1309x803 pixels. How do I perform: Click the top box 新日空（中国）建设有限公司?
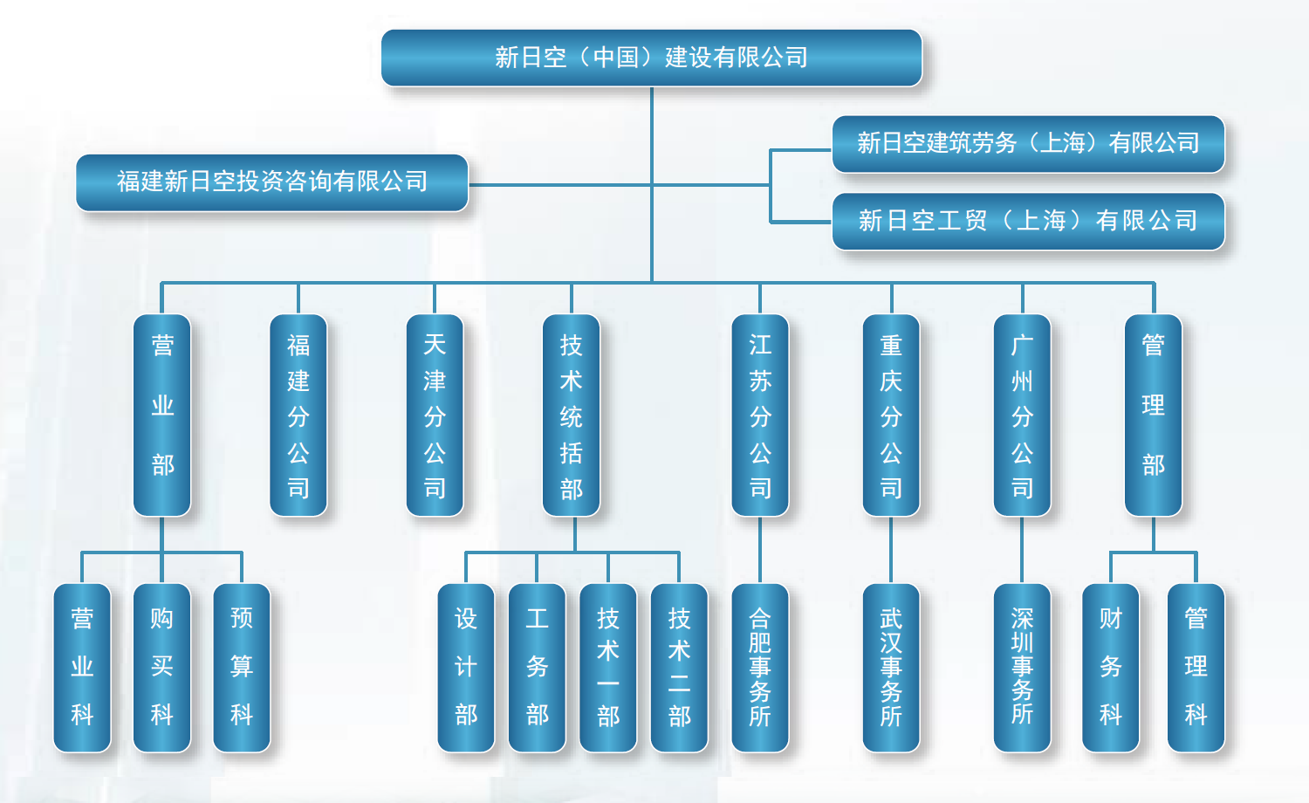click(x=652, y=58)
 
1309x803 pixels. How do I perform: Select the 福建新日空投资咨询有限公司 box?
click(x=272, y=182)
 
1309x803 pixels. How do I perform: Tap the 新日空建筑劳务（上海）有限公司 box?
click(x=1029, y=144)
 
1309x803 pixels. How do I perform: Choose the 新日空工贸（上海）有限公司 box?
click(x=1029, y=222)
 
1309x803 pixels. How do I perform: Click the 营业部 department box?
click(x=161, y=415)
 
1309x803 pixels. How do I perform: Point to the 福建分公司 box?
click(x=298, y=415)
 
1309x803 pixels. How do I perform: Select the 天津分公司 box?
click(x=435, y=415)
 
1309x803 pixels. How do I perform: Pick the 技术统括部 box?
click(x=571, y=415)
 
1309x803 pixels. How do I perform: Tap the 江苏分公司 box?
click(x=760, y=415)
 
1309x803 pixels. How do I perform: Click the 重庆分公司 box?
click(x=891, y=415)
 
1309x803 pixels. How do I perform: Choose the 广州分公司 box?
click(x=1022, y=415)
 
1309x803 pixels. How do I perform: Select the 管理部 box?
click(x=1153, y=415)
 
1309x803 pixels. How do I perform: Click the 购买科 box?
click(x=161, y=668)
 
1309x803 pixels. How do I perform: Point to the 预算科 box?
click(x=242, y=668)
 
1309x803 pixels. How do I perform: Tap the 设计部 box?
click(x=466, y=668)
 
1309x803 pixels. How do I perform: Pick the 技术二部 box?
click(x=679, y=668)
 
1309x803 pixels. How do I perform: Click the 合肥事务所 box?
click(x=760, y=668)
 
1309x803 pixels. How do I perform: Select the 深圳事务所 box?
click(x=1022, y=668)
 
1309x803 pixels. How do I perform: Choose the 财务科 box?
click(x=1110, y=668)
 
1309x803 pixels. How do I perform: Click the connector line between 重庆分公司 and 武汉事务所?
click(x=891, y=550)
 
